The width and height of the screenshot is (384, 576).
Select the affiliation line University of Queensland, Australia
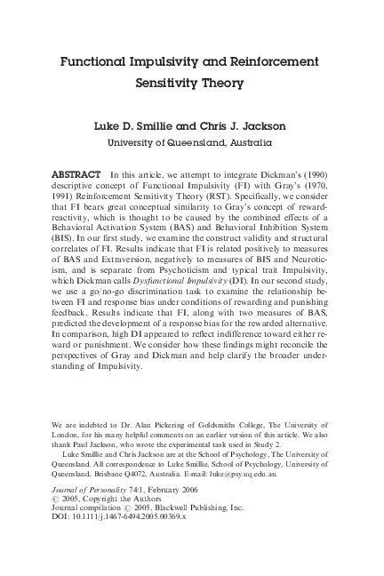pos(191,141)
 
